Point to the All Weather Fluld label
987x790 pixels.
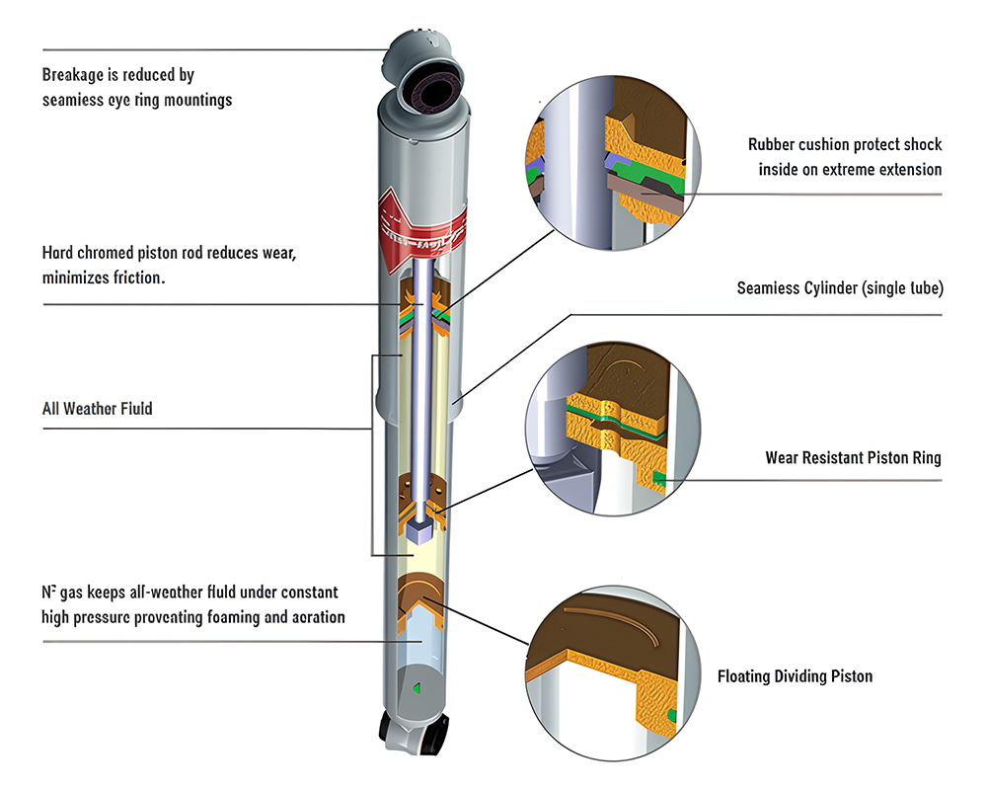coord(97,408)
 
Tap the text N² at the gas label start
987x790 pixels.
coord(48,592)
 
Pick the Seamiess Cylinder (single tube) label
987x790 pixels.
coord(840,289)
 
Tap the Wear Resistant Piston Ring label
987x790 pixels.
coord(853,458)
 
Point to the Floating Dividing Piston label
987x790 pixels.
coord(795,676)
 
